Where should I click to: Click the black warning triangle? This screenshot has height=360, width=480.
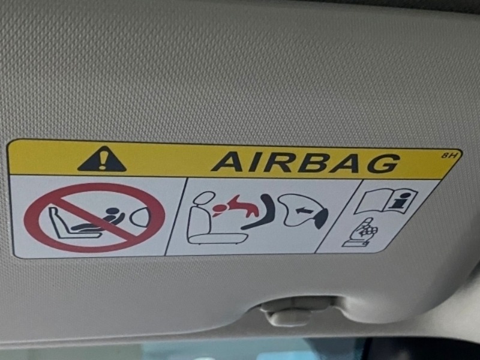point(102,160)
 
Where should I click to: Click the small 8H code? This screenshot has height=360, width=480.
point(449,155)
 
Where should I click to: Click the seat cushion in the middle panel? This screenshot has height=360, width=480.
point(218,238)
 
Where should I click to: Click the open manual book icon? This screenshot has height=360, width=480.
point(386,200)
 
